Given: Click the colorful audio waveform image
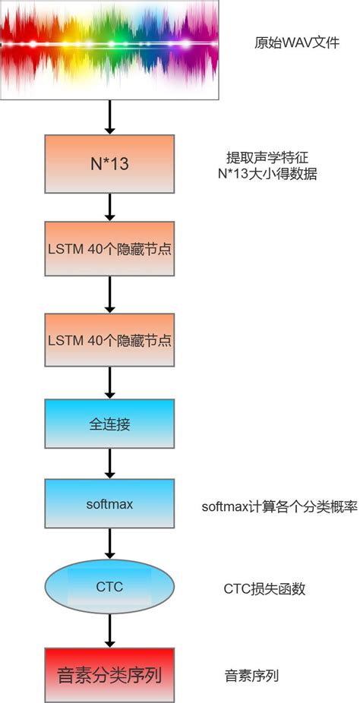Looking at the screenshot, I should (x=110, y=49).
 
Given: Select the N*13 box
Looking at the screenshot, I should (x=110, y=163).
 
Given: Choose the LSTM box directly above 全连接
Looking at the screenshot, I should (x=110, y=339).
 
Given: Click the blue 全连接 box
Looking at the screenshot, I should (x=110, y=423).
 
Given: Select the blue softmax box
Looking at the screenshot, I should (x=110, y=505).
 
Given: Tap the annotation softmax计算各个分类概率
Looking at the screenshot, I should (x=279, y=506).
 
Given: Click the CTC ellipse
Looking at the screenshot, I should (x=110, y=586).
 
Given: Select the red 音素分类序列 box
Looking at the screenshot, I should (x=110, y=674).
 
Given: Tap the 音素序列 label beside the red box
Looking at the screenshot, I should (x=245, y=674).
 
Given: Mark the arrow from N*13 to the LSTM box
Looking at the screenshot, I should (x=110, y=206).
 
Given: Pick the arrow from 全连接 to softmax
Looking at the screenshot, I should (x=110, y=463).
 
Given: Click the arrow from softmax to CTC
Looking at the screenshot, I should (x=110, y=546).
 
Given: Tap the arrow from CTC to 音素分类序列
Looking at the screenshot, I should (x=110, y=630).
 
